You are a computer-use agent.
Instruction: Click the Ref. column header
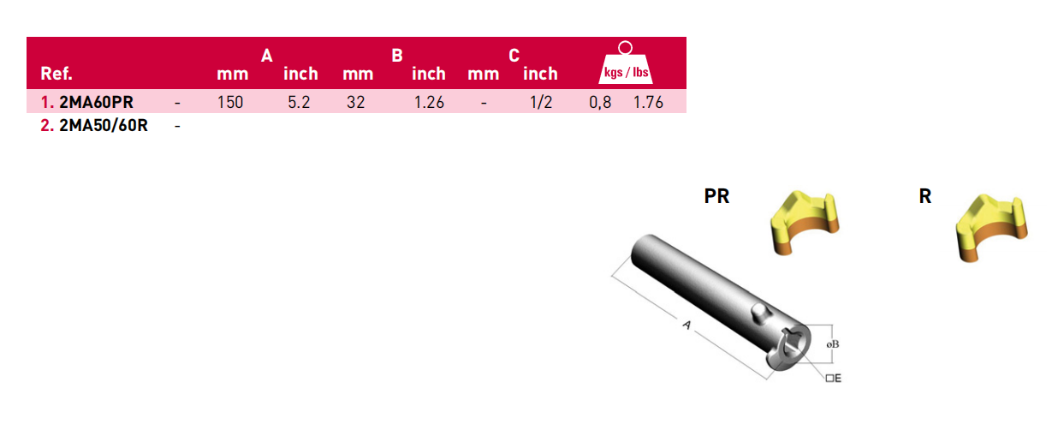click(x=56, y=74)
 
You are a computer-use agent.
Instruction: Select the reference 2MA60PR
click(x=96, y=102)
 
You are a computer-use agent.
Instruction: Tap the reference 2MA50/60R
click(x=104, y=126)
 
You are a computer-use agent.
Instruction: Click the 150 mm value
click(x=230, y=102)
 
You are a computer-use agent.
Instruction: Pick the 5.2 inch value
click(x=299, y=102)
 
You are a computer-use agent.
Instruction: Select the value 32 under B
click(x=355, y=102)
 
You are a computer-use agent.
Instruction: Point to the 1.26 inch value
click(x=429, y=102)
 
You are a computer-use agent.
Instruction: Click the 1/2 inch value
click(x=541, y=102)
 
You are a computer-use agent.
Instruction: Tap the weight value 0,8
click(x=600, y=102)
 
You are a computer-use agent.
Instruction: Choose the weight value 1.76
click(x=648, y=102)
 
